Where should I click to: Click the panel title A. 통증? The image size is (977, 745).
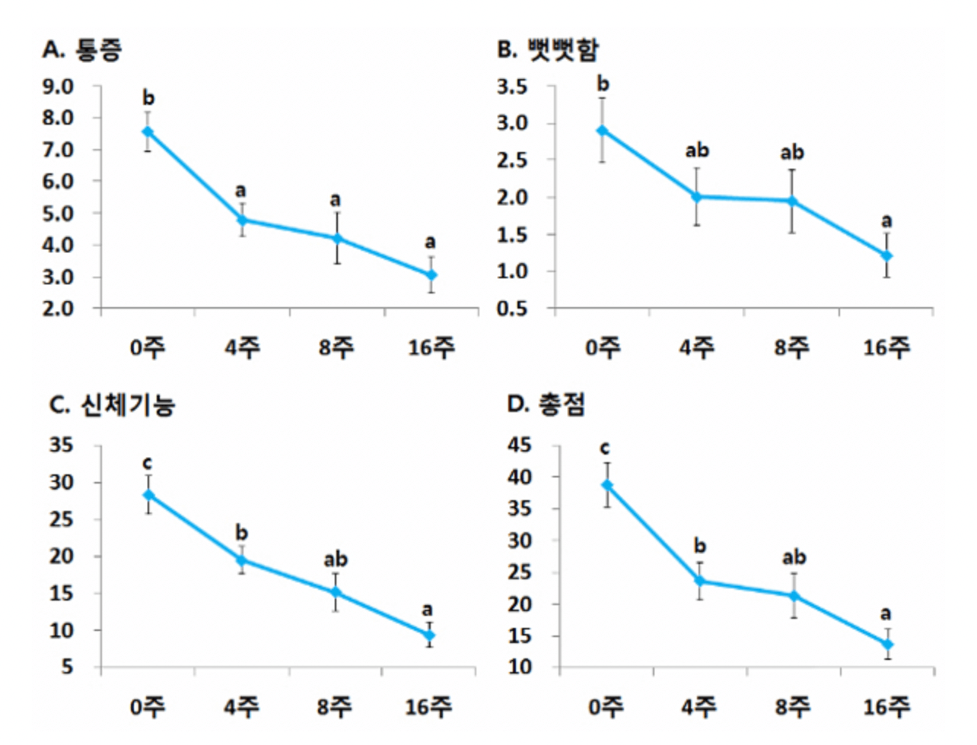82,50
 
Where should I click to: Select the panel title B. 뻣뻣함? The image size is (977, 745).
548,50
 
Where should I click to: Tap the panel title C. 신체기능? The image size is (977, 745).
112,404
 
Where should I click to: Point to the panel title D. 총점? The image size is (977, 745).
546,404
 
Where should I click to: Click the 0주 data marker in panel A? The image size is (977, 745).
148,132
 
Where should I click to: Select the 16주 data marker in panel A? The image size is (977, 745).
431,274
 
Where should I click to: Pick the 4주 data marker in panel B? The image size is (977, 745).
696,197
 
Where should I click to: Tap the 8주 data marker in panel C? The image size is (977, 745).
336,593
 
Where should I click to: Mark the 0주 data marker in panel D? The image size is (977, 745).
607,485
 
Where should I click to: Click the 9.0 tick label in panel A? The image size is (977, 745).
58,87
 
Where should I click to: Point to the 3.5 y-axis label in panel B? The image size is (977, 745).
512,87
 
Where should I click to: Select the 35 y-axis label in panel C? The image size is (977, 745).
62,445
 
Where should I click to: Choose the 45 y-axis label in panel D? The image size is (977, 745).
520,445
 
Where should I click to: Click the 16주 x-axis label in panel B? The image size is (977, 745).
886,348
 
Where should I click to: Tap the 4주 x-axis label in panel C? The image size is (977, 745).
241,707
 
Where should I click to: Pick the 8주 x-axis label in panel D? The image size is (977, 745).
792,707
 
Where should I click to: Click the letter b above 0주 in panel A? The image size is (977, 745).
148,98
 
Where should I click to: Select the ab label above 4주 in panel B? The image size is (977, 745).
697,151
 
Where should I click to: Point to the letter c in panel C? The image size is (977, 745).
148,463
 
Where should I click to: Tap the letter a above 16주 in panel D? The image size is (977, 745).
885,613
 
